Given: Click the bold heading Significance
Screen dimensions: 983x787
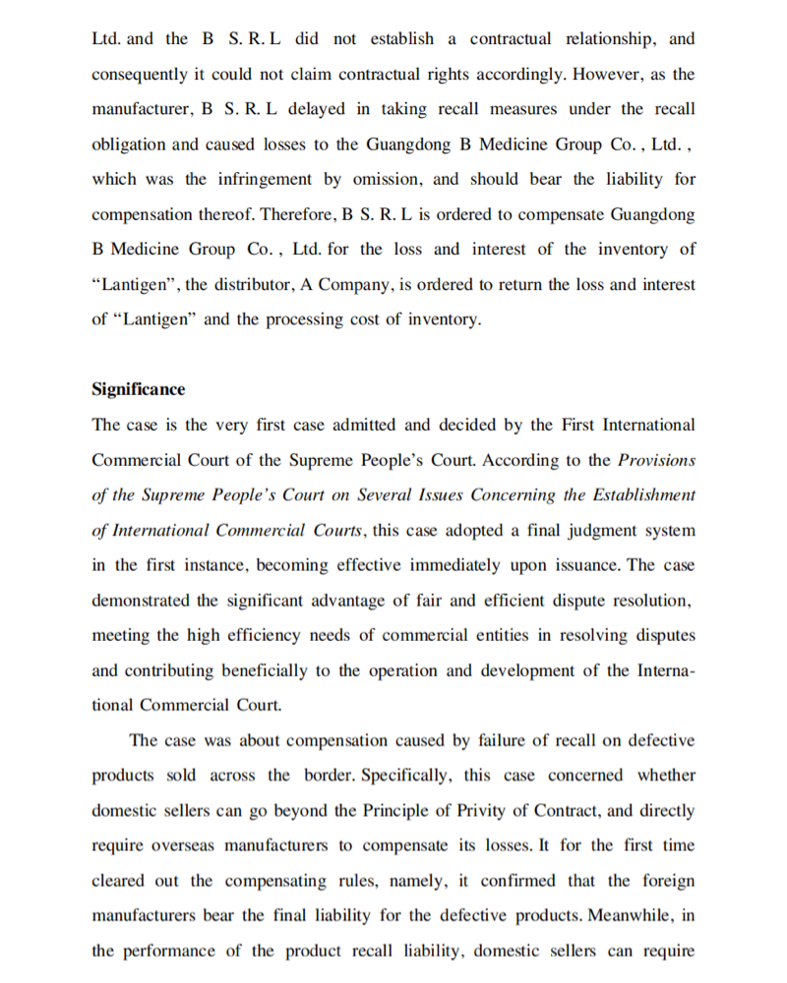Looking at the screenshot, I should [x=138, y=389].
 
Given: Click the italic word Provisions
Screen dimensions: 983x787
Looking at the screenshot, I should [x=656, y=460].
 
